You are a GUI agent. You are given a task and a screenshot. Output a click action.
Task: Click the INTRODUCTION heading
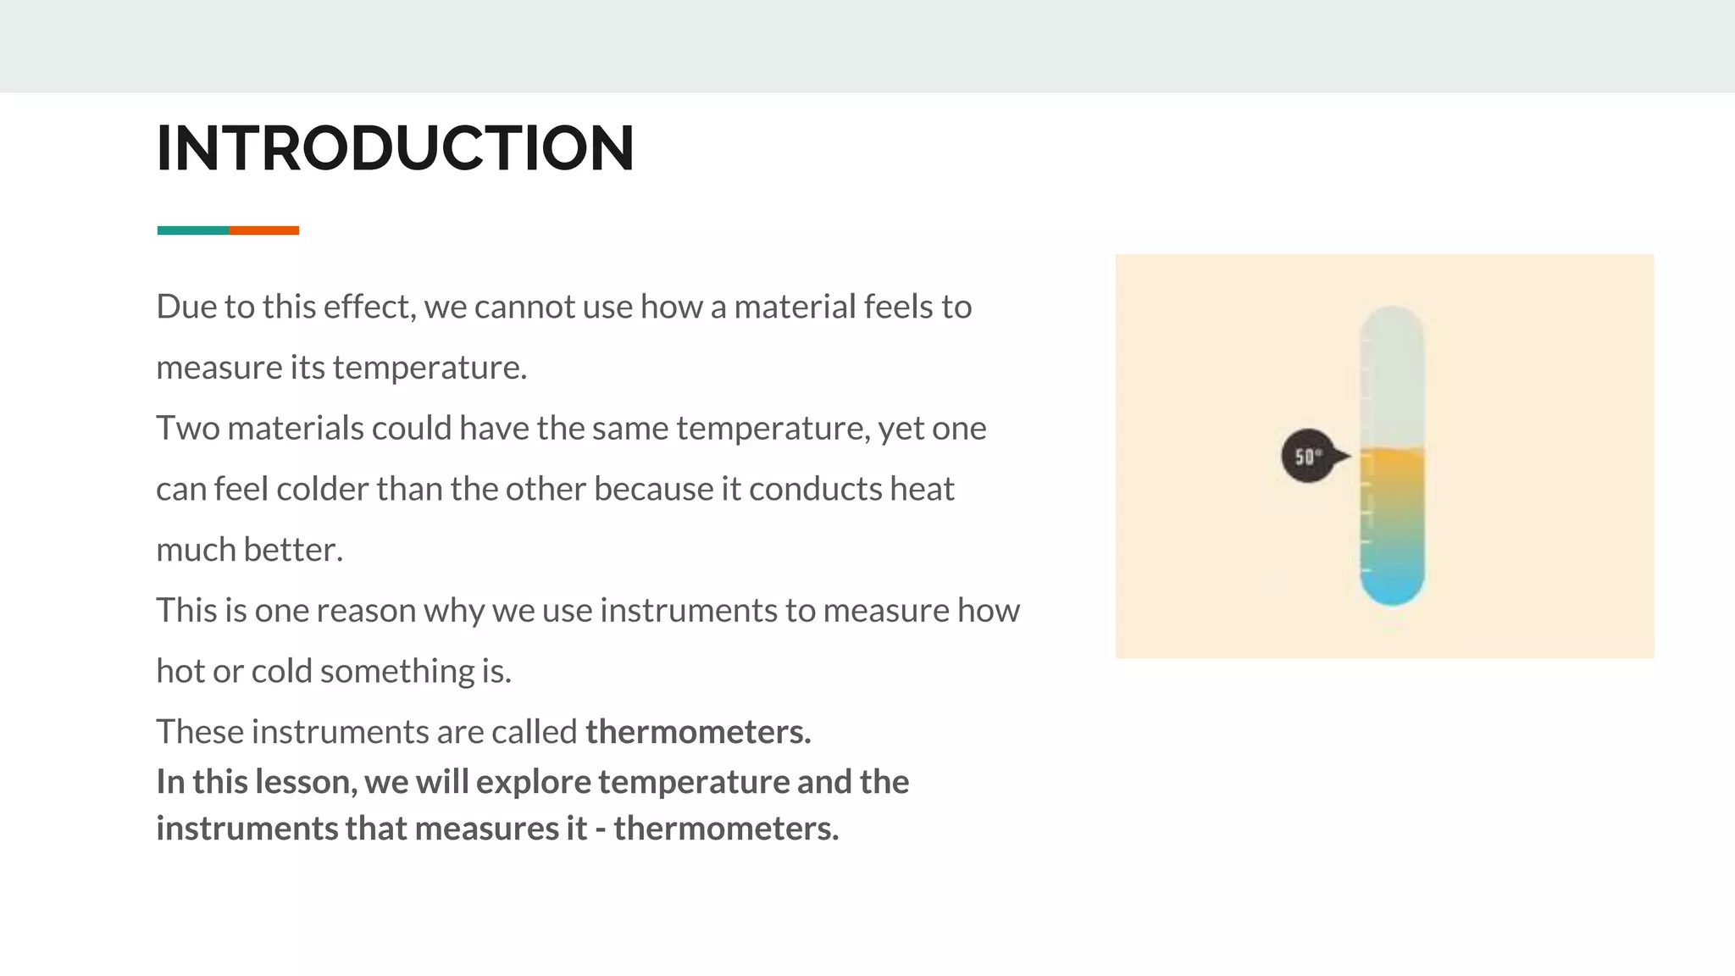395,148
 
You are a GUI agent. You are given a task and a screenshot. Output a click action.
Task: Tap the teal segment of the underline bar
192,230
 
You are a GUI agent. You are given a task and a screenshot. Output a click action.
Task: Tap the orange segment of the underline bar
263,230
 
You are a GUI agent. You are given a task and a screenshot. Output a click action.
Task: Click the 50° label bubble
1308,457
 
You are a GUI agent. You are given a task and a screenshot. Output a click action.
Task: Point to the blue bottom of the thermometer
1392,585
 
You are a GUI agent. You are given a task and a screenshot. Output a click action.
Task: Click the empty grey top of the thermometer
1392,373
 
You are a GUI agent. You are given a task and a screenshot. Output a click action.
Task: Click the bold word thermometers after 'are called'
697,732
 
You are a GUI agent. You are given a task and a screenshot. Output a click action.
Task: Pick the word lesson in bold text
304,782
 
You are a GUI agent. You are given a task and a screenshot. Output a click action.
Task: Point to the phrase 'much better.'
249,550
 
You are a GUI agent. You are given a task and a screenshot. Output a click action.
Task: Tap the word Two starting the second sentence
187,428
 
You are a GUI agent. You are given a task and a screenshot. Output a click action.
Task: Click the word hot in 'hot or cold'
180,671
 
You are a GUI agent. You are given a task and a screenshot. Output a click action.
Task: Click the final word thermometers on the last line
725,829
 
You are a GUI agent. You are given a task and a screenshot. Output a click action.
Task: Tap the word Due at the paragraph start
186,307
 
